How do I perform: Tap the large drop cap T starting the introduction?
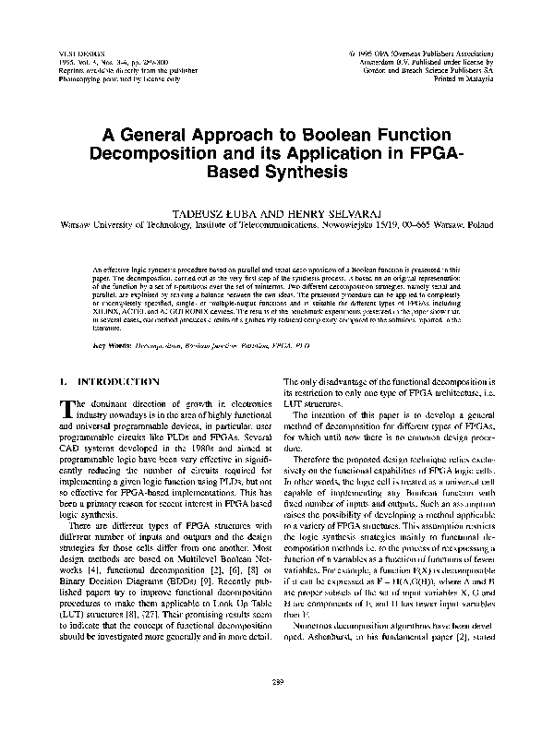tap(67, 409)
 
